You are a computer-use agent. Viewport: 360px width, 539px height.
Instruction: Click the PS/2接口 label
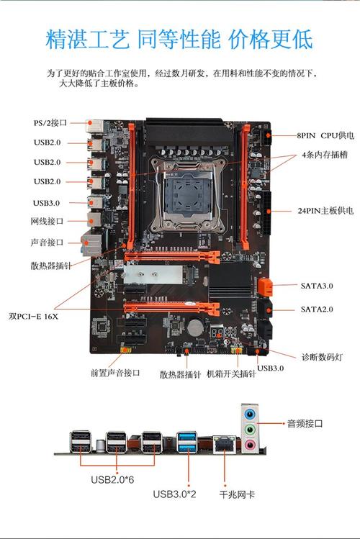[50, 122]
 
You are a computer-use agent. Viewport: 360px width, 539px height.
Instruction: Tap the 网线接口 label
[47, 222]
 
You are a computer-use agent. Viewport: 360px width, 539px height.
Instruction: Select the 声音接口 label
[47, 243]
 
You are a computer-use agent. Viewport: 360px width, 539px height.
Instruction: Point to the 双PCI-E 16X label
[34, 315]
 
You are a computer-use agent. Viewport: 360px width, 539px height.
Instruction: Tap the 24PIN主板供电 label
[325, 211]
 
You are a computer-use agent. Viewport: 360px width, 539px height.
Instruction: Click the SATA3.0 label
[317, 286]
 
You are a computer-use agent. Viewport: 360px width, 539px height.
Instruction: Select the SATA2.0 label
[317, 309]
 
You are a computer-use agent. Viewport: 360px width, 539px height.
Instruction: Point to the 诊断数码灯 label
[325, 356]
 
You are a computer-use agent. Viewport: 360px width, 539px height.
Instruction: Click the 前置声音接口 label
[115, 373]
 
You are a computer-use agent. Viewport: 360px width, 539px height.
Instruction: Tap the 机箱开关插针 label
[232, 373]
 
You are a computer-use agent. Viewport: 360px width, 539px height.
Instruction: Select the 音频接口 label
[305, 424]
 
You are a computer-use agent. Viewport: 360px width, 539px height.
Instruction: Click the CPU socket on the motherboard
[186, 195]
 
